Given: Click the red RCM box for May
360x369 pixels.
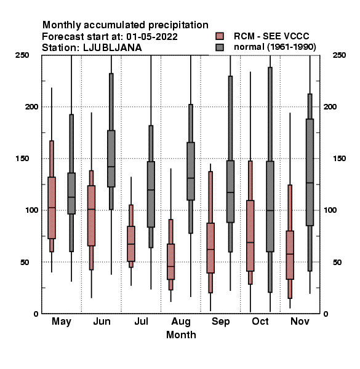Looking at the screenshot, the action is click(x=52, y=208).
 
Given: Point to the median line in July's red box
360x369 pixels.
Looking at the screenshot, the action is click(x=131, y=244).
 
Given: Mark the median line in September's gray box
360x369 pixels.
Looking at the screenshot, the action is click(x=230, y=192).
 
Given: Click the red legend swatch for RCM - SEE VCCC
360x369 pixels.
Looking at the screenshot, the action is click(x=220, y=36).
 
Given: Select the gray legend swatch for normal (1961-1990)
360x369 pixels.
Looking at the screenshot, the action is click(x=220, y=47).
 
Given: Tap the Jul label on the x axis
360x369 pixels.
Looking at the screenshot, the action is click(x=142, y=321).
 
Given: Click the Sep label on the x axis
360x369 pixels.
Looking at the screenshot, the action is click(x=220, y=322).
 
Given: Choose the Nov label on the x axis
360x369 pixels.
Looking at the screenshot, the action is click(x=300, y=321).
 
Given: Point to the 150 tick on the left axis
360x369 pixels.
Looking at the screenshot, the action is click(x=22, y=159).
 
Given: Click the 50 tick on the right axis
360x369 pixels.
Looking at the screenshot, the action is click(x=337, y=262).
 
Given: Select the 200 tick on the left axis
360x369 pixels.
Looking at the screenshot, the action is click(x=31, y=106).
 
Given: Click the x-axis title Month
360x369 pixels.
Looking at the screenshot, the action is click(x=181, y=335).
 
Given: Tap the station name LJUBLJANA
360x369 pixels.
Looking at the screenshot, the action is click(x=113, y=48).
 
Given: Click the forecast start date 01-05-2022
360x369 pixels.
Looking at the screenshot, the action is click(x=152, y=37).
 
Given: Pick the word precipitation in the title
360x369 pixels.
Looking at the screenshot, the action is click(x=178, y=25).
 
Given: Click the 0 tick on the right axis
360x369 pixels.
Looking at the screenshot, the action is click(x=326, y=314).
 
